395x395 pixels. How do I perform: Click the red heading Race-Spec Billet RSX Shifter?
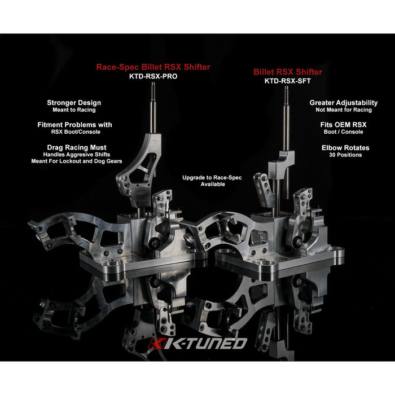[153, 67]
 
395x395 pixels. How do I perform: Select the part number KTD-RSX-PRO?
[153, 76]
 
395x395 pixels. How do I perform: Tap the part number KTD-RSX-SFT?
[287, 81]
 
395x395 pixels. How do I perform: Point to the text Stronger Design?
[74, 103]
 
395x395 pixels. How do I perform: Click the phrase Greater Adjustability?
[343, 103]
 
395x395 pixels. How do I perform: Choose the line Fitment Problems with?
[74, 125]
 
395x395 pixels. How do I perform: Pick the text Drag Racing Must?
[77, 147]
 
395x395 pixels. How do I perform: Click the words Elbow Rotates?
[345, 148]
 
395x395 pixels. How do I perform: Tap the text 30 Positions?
[345, 155]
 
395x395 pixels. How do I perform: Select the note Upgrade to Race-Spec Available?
[212, 181]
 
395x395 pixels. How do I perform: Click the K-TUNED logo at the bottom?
[197, 343]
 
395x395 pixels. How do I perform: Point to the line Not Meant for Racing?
[344, 110]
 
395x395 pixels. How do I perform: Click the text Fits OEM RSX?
[343, 125]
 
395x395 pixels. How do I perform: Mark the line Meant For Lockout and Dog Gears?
[77, 161]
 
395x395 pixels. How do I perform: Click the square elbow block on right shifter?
[281, 162]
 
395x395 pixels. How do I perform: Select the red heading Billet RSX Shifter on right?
[288, 72]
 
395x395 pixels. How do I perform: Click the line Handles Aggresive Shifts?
[77, 155]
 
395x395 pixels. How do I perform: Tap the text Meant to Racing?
[74, 110]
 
